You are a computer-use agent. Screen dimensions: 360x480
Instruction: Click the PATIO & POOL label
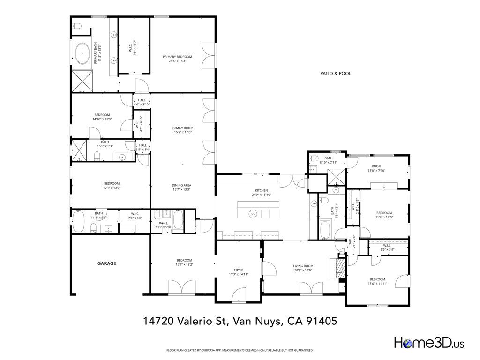[335, 73]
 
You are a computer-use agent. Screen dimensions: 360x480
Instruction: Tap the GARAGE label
[107, 263]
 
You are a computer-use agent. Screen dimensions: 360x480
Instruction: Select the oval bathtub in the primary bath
[83, 54]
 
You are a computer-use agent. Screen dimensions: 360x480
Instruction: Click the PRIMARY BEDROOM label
[177, 57]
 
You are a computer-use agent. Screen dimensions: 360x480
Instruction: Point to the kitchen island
[258, 210]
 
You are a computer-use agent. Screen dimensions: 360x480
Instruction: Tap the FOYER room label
[239, 270]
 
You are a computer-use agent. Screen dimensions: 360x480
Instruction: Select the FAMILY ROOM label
[183, 127]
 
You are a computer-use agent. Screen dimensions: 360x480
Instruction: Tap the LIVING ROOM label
[303, 266]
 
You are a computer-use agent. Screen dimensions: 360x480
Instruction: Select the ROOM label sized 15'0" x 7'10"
[377, 166]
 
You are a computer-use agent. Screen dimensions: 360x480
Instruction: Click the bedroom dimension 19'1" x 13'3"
[112, 188]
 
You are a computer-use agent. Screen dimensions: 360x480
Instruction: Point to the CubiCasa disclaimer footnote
[240, 350]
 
